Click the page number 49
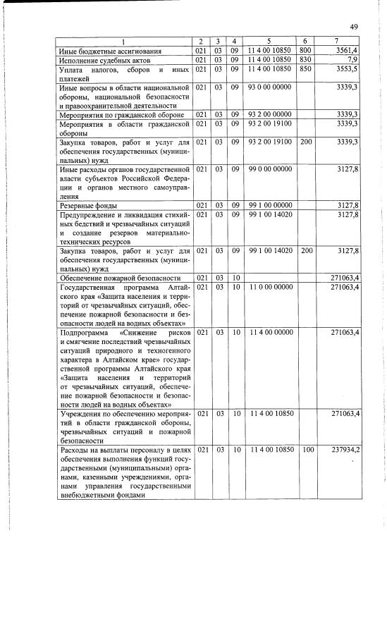pos(354,27)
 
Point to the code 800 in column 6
pos(305,51)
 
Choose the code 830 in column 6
pos(305,60)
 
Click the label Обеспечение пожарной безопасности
pos(116,278)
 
